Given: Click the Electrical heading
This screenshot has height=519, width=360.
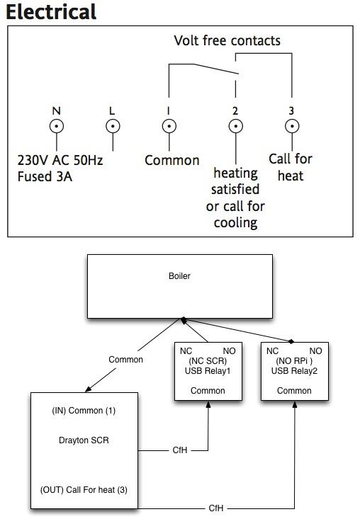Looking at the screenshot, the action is click(x=51, y=12).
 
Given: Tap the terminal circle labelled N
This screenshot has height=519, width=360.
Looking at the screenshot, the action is click(x=57, y=126).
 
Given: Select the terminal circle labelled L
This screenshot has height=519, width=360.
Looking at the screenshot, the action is click(x=113, y=126).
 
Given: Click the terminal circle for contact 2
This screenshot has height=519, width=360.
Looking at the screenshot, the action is click(x=235, y=126).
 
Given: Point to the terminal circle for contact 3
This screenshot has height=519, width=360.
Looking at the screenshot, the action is click(x=292, y=126).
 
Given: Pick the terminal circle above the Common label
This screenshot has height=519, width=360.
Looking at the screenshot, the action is click(x=169, y=126).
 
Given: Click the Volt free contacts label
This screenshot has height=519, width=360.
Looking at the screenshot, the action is click(x=227, y=40).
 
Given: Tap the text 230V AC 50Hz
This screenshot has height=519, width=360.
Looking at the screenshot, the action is click(x=60, y=160).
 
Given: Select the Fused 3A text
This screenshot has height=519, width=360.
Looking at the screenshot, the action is click(x=45, y=176).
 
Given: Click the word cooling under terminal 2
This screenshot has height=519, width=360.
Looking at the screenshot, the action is click(x=235, y=223).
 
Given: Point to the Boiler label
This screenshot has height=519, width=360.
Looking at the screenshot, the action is click(x=179, y=276).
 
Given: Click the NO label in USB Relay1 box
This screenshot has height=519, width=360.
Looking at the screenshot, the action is click(x=229, y=351).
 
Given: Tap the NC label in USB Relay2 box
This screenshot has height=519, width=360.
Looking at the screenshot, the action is click(x=272, y=351).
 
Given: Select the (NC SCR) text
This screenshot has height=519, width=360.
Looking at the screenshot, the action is click(x=208, y=361).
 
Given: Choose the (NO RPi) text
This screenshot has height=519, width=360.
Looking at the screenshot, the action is click(x=294, y=361).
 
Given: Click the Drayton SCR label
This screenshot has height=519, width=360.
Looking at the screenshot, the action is click(x=84, y=440).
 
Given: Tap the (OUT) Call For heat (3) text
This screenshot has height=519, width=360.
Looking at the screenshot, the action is click(x=84, y=490).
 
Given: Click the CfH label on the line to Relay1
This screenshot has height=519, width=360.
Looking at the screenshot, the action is click(x=180, y=450).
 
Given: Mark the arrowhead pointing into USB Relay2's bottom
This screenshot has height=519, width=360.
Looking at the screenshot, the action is click(x=294, y=404).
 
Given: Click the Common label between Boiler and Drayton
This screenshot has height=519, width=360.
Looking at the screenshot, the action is click(x=126, y=360).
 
